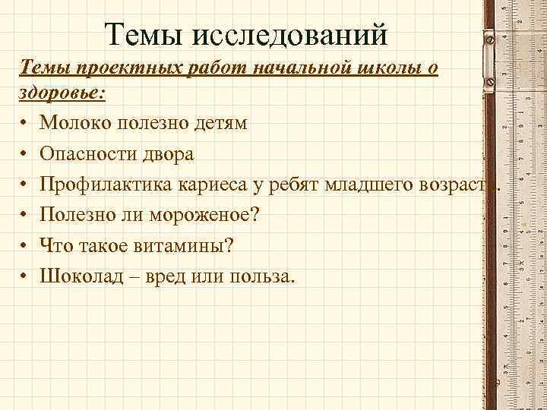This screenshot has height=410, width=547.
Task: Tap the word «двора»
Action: [x=171, y=154]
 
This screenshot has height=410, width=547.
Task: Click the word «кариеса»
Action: [x=208, y=184]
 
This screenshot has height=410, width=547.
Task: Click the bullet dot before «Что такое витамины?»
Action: [x=25, y=247]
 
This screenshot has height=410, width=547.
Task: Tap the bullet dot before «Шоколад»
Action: [x=25, y=277]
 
